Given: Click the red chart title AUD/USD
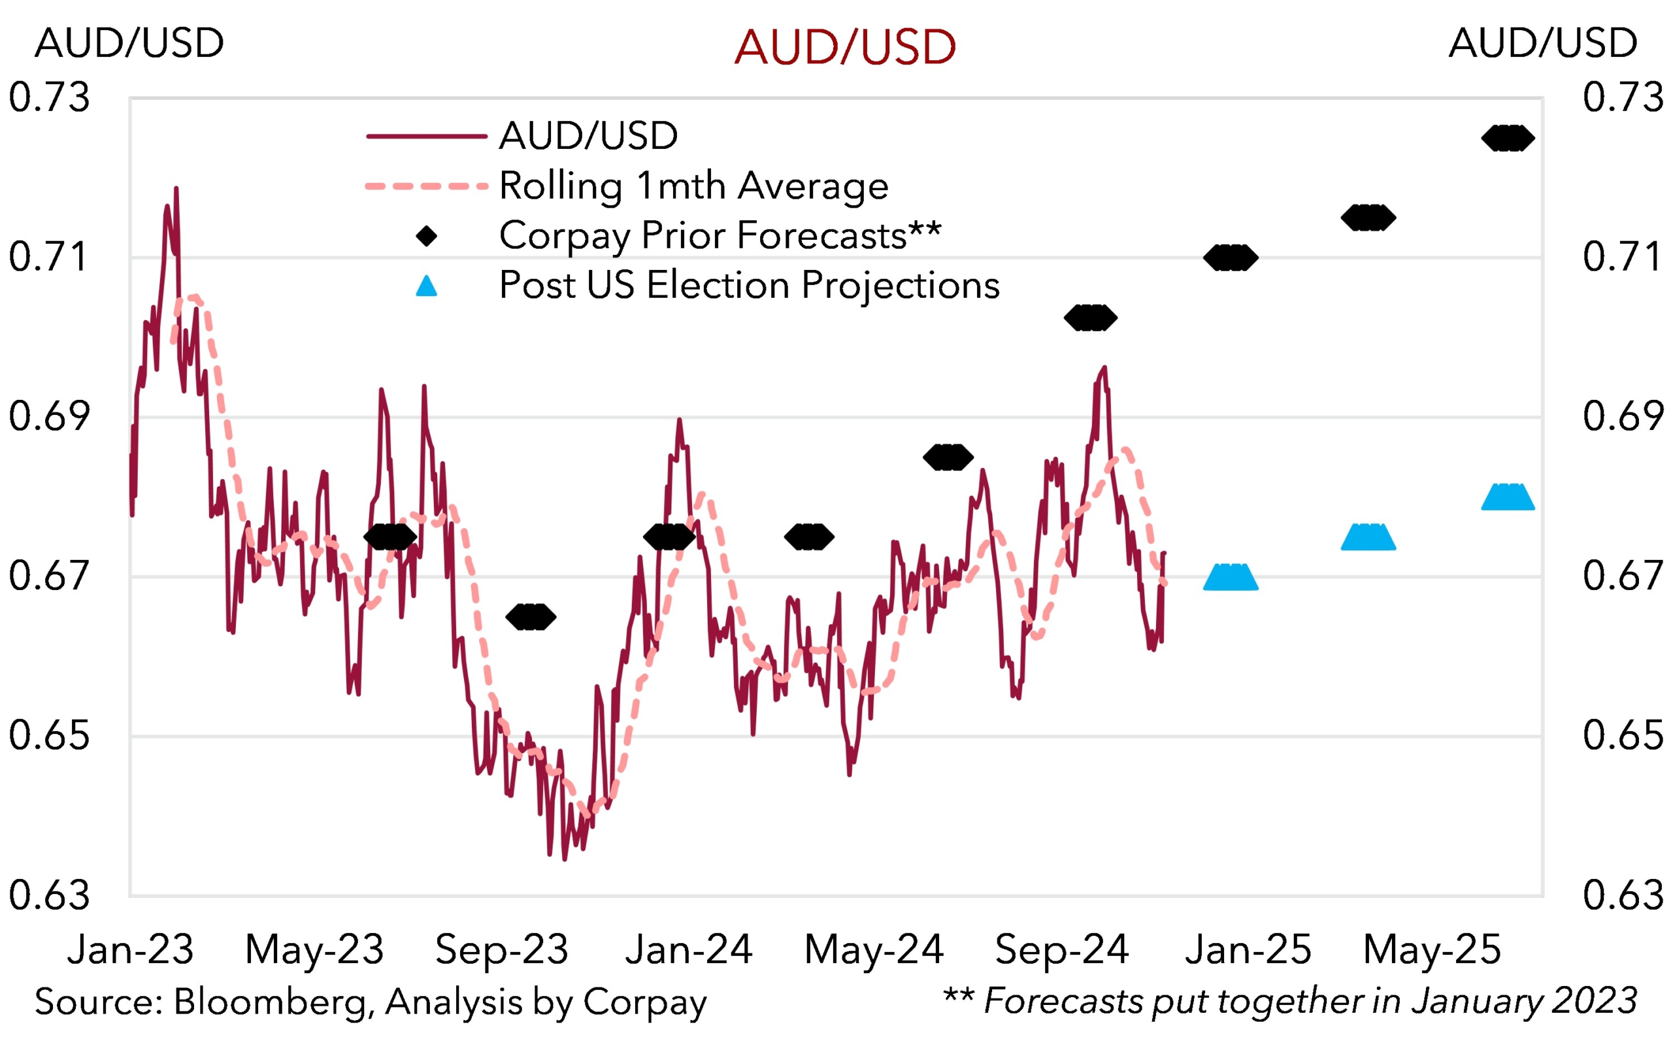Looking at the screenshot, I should click(844, 48).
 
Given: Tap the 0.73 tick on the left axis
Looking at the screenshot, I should click(49, 97).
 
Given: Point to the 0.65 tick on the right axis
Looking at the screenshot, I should click(1623, 735).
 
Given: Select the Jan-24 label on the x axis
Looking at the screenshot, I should click(688, 949).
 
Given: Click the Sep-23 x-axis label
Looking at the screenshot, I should click(501, 949).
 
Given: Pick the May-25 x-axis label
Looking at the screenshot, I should click(1432, 949).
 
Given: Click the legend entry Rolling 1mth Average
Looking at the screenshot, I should click(693, 186).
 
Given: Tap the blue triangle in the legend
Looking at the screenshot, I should click(427, 286).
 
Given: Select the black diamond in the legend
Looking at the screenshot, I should click(427, 237).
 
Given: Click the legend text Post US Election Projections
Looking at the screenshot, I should click(749, 285).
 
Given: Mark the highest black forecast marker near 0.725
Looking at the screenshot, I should click(1508, 138).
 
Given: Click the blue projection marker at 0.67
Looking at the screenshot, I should click(1231, 578).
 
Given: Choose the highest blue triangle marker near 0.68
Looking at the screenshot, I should click(1508, 497).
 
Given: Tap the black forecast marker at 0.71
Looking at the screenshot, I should click(1231, 257).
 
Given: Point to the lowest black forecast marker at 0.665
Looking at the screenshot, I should click(531, 617).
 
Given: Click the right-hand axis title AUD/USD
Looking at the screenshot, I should click(1543, 43).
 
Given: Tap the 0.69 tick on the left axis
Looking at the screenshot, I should click(49, 416).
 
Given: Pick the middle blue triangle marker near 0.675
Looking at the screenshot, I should click(1368, 538).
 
